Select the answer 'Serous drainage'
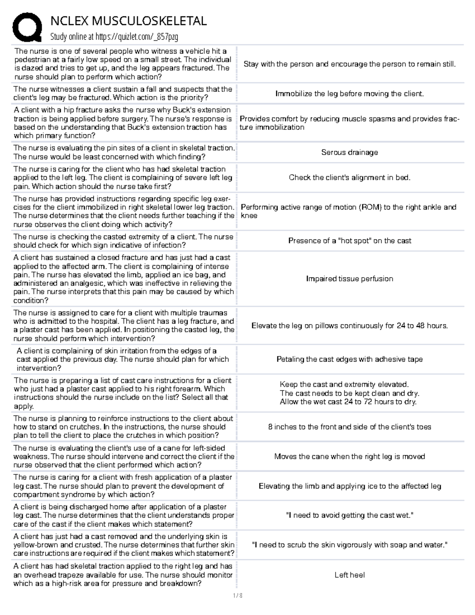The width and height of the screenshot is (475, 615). pos(350,152)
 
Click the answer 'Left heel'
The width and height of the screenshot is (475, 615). pos(350,575)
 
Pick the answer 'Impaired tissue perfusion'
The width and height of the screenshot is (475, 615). pos(350,279)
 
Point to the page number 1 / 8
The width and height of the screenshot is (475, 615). pos(237,595)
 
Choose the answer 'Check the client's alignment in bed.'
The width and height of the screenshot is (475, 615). pos(350,178)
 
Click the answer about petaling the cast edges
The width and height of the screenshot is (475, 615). pos(350,360)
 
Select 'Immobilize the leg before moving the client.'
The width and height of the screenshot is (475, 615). pos(350,94)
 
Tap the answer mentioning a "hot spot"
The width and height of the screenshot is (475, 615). pos(350,241)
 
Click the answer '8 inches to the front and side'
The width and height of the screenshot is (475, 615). pos(350,427)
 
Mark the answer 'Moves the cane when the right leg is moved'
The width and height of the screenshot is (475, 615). pos(350,457)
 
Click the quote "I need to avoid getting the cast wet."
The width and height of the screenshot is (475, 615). pos(350,515)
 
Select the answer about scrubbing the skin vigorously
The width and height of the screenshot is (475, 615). pos(350,545)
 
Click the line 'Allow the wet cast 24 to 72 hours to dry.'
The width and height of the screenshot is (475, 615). pos(348,402)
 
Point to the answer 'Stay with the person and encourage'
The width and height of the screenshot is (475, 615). pos(350,64)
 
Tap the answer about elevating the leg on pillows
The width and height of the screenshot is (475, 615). pos(350,326)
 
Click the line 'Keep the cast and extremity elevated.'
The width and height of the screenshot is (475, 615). pos(344,385)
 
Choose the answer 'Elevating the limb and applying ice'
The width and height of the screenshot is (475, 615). pos(350,486)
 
